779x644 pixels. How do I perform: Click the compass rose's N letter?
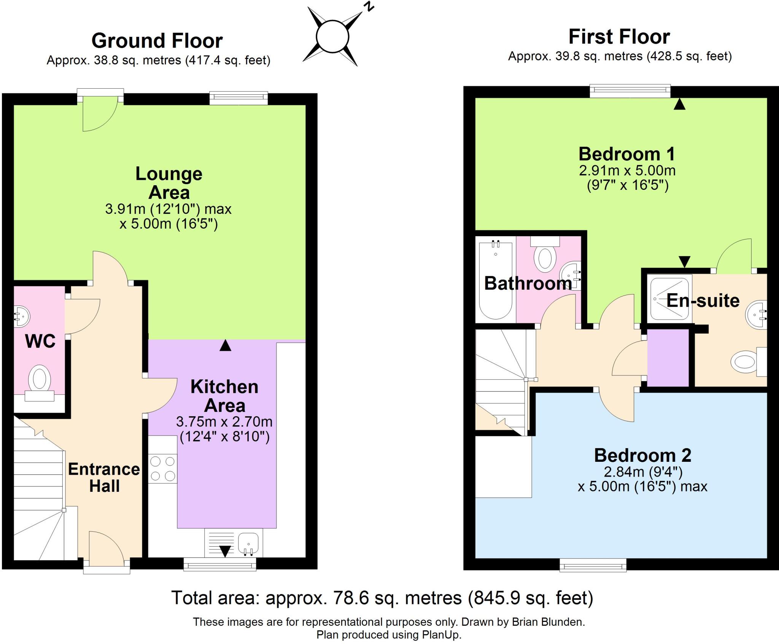pyautogui.click(x=368, y=6)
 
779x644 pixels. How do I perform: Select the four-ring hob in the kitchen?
pyautogui.click(x=162, y=469)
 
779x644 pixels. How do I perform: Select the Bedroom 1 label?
pyautogui.click(x=626, y=154)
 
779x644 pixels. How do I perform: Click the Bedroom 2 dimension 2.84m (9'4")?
pyautogui.click(x=643, y=472)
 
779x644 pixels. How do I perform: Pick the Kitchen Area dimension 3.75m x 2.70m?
pyautogui.click(x=224, y=421)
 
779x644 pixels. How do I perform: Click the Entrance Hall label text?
pyautogui.click(x=104, y=477)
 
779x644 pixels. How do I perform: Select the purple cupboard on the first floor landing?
pyautogui.click(x=668, y=358)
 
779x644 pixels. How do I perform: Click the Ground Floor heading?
pyautogui.click(x=157, y=41)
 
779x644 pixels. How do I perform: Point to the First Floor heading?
pyautogui.click(x=619, y=37)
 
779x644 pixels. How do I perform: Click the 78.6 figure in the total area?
pyautogui.click(x=351, y=598)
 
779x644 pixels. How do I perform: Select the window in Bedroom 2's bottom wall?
pyautogui.click(x=593, y=565)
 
